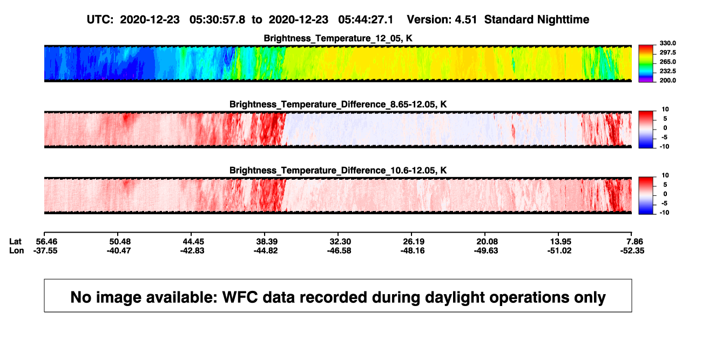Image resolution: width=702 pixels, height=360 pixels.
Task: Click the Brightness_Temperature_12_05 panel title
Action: pos(338,38)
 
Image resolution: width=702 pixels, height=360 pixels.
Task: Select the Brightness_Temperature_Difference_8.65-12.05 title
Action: pos(338,104)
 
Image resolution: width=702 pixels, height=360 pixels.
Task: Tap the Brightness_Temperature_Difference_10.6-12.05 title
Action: pos(338,171)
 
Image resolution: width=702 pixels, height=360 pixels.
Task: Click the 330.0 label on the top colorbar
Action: pos(667,43)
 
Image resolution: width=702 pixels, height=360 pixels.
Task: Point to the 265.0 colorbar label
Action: pos(667,62)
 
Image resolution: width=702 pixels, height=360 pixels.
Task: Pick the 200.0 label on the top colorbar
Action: pos(667,80)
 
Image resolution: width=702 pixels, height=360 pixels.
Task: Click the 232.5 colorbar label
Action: pos(667,71)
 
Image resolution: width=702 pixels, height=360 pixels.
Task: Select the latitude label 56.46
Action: pos(46,242)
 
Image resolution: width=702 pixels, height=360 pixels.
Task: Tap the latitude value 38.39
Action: pos(267,242)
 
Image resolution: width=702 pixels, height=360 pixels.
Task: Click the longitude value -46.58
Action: pos(339,251)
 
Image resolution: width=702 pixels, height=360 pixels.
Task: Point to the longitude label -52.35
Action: pos(632,251)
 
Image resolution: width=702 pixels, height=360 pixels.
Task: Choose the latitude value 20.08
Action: pos(487,242)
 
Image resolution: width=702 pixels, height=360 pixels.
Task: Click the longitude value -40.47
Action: pos(119,251)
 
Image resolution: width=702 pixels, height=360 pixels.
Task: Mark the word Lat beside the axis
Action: pos(15,242)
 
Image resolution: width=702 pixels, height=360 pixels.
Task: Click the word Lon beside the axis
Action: pos(17,251)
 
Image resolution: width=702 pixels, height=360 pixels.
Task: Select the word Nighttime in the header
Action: pos(563,20)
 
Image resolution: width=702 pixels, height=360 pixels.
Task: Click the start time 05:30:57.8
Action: pos(217,20)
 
